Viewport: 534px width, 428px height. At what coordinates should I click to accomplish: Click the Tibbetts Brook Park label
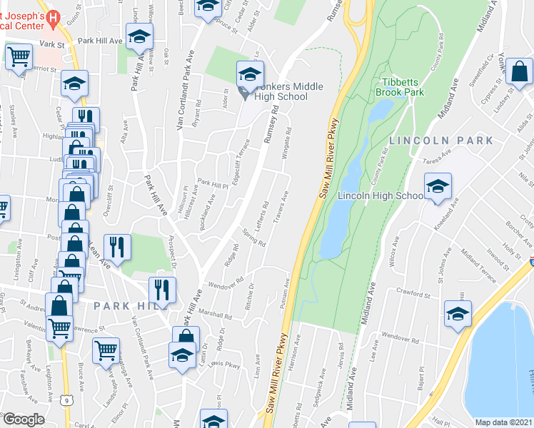pyautogui.click(x=401, y=87)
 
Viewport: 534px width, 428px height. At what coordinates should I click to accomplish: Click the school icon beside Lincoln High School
pyautogui.click(x=438, y=187)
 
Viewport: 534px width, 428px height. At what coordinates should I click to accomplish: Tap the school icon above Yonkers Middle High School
pyautogui.click(x=251, y=73)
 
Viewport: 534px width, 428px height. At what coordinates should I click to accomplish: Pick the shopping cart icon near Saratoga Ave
pyautogui.click(x=106, y=350)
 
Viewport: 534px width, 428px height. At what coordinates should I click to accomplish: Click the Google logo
pyautogui.click(x=24, y=419)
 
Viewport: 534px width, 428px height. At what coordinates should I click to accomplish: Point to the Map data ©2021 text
pyautogui.click(x=503, y=422)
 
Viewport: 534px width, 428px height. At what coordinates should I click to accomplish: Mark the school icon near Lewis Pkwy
pyautogui.click(x=182, y=354)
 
